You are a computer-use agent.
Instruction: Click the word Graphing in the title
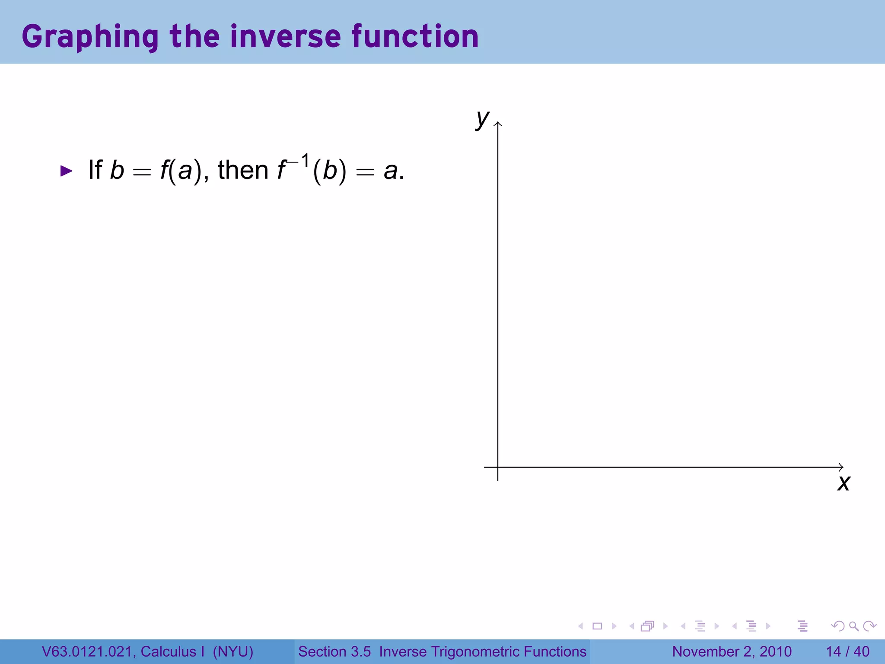(90, 37)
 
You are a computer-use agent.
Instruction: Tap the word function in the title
(415, 37)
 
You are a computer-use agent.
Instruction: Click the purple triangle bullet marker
(66, 171)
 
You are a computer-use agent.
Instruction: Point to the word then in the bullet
(243, 170)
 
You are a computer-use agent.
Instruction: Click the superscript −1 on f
(299, 162)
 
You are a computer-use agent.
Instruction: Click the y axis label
(482, 118)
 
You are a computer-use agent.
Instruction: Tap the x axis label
(844, 483)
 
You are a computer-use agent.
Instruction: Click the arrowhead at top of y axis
(498, 124)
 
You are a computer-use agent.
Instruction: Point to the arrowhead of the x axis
(841, 467)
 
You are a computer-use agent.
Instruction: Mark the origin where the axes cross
(498, 467)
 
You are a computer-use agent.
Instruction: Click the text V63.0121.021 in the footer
(89, 651)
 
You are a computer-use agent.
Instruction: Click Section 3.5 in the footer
(334, 651)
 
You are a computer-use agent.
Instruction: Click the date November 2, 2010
(732, 651)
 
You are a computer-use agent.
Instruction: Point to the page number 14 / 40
(847, 651)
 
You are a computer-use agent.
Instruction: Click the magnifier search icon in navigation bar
(853, 626)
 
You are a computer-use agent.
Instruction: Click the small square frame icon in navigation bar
(597, 626)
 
